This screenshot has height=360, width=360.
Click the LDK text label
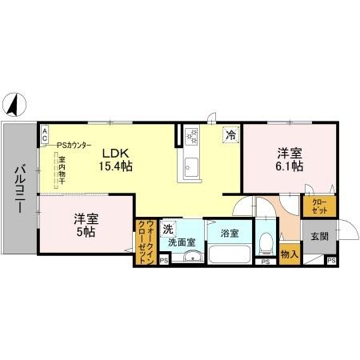[x=115, y=152]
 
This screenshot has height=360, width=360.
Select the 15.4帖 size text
[x=116, y=166]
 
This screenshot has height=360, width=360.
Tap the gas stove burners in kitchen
[x=191, y=138]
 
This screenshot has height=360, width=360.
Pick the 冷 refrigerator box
[x=230, y=134]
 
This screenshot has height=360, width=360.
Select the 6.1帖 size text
[x=290, y=166]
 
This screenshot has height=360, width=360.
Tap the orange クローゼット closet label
[x=319, y=205]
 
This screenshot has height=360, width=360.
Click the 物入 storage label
[x=290, y=255]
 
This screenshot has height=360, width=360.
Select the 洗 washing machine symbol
[x=168, y=229]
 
